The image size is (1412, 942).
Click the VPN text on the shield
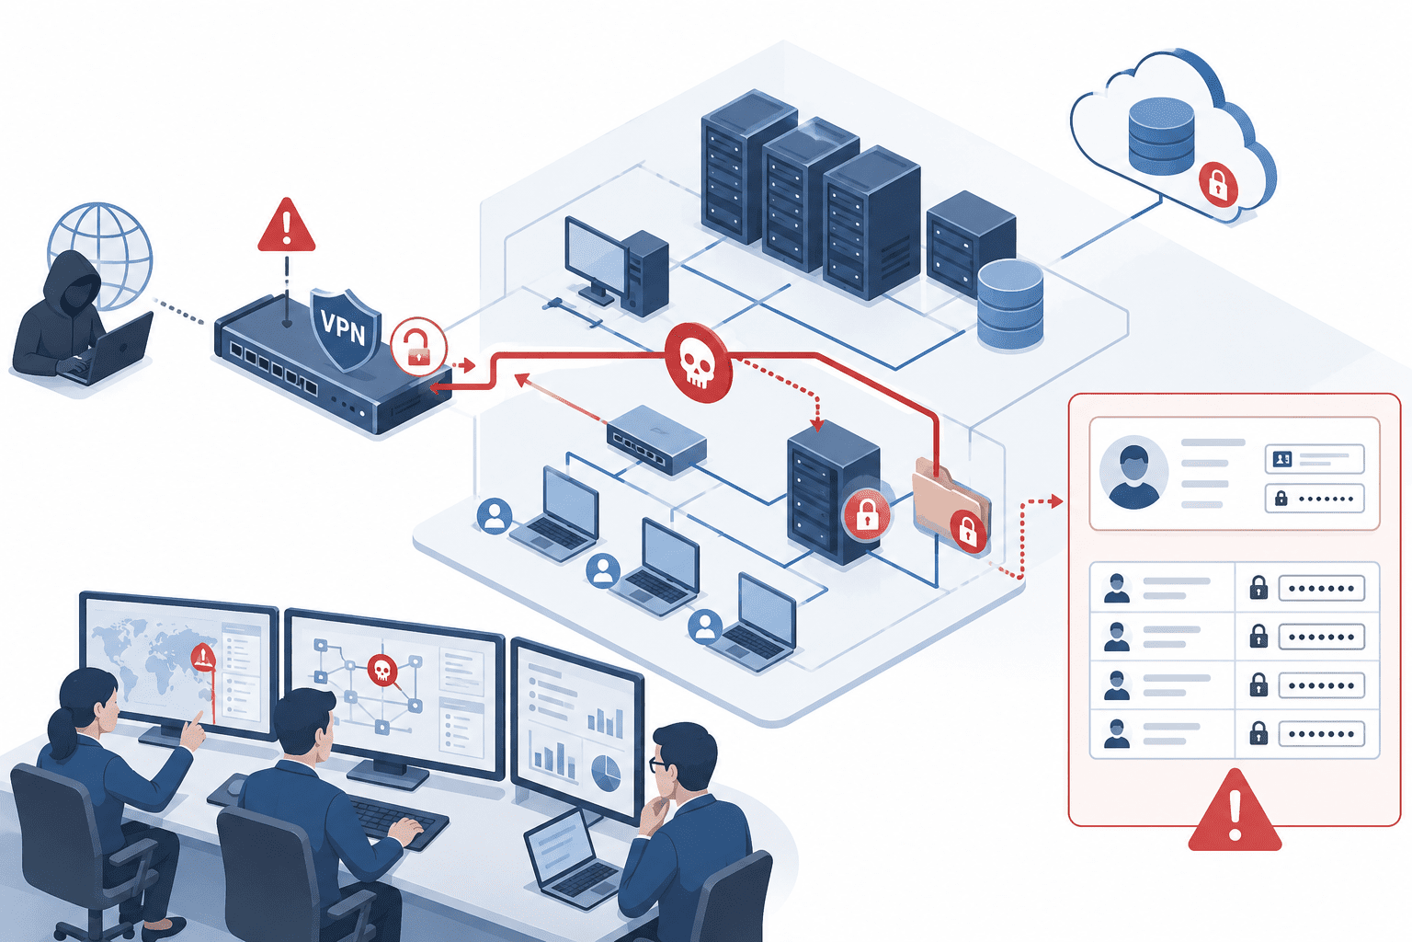tap(344, 327)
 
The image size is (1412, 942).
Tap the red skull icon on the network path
tap(699, 362)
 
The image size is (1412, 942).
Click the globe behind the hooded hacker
tap(101, 252)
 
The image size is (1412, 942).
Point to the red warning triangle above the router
tap(287, 226)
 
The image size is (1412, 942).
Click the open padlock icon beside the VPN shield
tap(418, 347)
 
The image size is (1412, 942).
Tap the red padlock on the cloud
tap(1218, 184)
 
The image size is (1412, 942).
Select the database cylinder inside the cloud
tap(1161, 135)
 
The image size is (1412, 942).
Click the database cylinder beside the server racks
tap(1010, 304)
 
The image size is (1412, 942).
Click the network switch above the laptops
tap(656, 439)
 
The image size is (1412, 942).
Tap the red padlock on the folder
tap(968, 532)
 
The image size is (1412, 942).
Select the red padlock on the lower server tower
tap(867, 514)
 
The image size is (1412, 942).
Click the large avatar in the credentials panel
tap(1133, 472)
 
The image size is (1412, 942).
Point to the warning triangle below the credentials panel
tap(1235, 810)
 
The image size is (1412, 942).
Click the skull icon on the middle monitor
tap(382, 670)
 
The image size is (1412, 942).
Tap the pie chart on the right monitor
tap(607, 773)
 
